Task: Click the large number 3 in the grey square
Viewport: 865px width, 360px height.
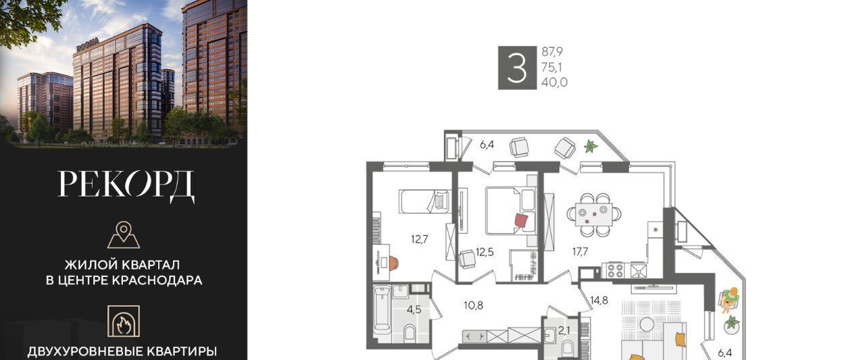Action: click(x=517, y=68)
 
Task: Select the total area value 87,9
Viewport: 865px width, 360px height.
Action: click(x=552, y=51)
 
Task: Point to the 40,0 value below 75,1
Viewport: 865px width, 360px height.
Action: click(x=555, y=82)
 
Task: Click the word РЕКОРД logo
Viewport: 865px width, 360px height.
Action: click(x=126, y=186)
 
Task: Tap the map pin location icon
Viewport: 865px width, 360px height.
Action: click(x=124, y=234)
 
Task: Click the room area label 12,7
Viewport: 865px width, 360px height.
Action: click(x=420, y=239)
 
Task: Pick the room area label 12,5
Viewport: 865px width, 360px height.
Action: click(x=485, y=252)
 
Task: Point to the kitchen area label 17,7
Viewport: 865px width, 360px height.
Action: click(x=580, y=251)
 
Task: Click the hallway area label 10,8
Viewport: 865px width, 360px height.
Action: click(x=474, y=305)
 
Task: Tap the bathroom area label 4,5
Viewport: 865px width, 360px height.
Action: click(x=414, y=310)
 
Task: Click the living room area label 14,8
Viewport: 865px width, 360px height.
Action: click(x=599, y=300)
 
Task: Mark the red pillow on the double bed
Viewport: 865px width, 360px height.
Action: click(x=521, y=221)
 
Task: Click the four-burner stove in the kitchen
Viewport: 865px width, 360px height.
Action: click(x=615, y=270)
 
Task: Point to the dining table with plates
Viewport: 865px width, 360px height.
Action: click(x=594, y=215)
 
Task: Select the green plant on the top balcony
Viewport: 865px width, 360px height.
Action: click(x=591, y=147)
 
